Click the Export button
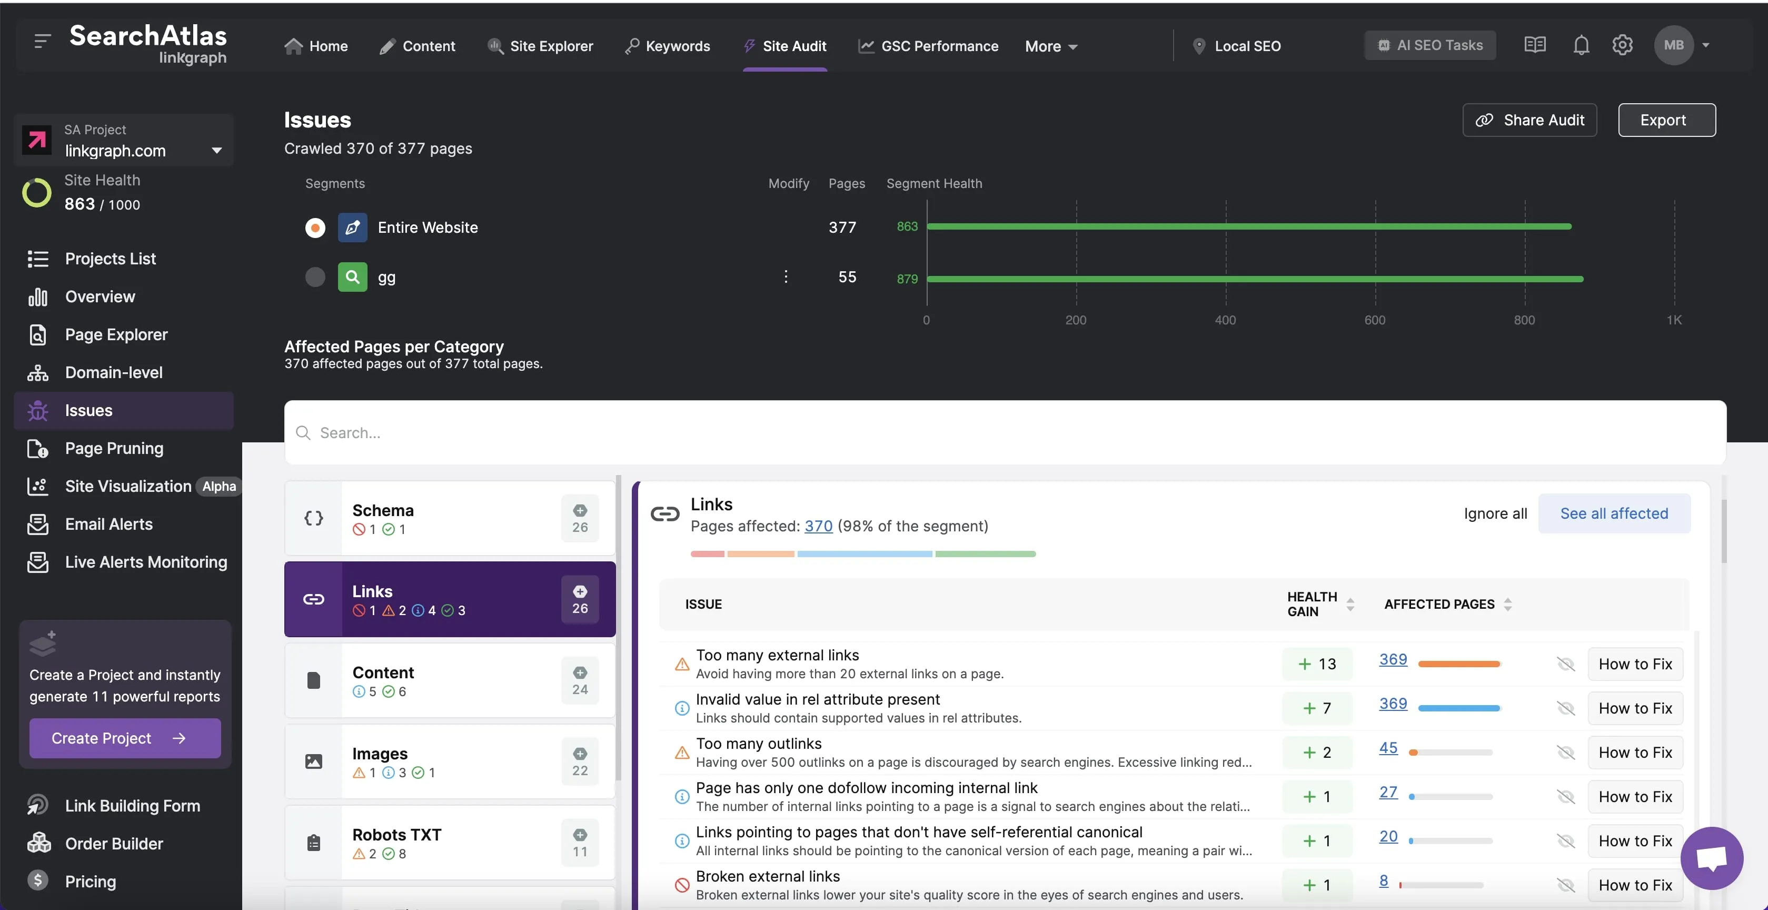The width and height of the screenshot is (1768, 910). click(1666, 120)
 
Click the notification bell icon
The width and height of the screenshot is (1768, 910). click(1581, 45)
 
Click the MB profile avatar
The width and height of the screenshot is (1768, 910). click(1673, 45)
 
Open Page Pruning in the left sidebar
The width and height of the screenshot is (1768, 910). click(114, 448)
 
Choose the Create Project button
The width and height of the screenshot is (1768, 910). click(125, 738)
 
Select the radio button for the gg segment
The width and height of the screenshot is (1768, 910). click(315, 277)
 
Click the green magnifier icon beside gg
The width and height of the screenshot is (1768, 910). click(352, 277)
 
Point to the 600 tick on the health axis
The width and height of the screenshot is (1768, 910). click(1375, 320)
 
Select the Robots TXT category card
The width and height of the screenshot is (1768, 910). click(450, 843)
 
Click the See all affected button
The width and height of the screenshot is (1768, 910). click(1614, 513)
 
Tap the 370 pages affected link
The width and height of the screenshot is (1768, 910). click(818, 527)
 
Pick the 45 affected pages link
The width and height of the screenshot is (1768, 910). click(1388, 748)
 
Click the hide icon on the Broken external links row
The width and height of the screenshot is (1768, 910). click(1565, 885)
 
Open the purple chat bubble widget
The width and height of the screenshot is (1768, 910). click(1711, 858)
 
